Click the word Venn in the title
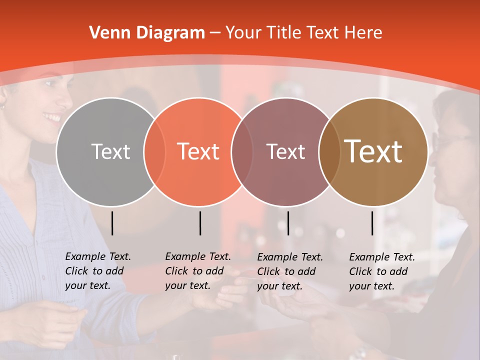point(107,33)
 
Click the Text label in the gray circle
point(110,151)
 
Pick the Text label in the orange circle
point(198,151)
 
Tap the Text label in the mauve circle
point(286,151)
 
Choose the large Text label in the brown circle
point(373,151)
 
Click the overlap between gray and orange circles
point(154,151)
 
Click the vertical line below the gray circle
point(112,223)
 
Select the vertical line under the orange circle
point(200,223)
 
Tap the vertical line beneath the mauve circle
point(288,223)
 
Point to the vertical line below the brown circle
point(372,223)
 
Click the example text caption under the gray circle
point(98,271)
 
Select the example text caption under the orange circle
point(198,271)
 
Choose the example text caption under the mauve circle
point(290,271)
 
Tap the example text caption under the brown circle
point(382,271)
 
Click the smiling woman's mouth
point(51,118)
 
